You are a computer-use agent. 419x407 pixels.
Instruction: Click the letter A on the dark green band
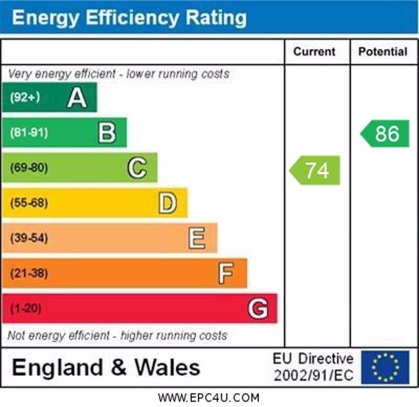point(76,98)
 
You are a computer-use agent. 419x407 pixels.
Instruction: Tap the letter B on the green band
point(107,133)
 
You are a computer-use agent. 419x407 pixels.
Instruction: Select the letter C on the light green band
point(137,168)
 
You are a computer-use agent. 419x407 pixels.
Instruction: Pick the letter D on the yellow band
point(167,203)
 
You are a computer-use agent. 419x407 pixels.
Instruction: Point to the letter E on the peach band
point(197,238)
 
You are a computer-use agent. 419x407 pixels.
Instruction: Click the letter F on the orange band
point(226,273)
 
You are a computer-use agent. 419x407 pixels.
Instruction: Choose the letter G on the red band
point(258,308)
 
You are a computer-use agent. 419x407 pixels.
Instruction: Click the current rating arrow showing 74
point(315,170)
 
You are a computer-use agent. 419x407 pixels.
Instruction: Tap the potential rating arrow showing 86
point(386,134)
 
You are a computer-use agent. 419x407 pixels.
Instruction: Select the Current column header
point(314,51)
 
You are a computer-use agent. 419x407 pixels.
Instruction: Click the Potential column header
point(383,51)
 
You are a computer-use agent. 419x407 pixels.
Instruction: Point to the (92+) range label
point(25,98)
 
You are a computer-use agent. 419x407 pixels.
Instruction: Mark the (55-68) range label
point(29,203)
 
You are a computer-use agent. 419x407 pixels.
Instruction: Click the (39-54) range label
point(29,238)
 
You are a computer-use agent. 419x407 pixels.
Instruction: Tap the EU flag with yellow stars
point(385,367)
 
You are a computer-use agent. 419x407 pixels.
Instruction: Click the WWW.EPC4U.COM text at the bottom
point(208,398)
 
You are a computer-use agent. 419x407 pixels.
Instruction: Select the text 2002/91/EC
point(313,376)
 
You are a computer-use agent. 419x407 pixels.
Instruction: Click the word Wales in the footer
point(168,367)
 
